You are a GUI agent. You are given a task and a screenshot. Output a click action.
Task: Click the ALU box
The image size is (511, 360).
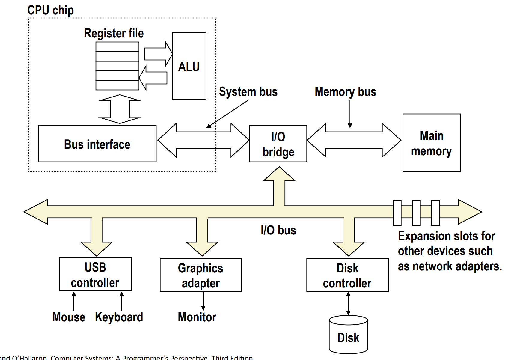click(x=189, y=66)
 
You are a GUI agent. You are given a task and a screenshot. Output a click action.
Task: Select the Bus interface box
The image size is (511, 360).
click(x=97, y=144)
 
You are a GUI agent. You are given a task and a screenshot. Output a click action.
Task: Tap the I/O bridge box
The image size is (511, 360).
click(x=278, y=144)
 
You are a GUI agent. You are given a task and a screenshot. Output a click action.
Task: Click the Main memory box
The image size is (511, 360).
click(x=431, y=143)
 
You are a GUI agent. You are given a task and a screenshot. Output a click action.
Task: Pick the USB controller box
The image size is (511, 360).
click(x=95, y=274)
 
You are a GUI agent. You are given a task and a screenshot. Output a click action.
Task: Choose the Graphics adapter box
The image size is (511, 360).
click(x=201, y=275)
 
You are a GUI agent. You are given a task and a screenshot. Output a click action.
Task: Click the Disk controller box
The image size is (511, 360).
click(x=347, y=275)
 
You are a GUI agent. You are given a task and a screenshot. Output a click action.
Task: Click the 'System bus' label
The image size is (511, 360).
click(x=248, y=92)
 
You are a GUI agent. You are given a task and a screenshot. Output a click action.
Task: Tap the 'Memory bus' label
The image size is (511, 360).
click(x=345, y=92)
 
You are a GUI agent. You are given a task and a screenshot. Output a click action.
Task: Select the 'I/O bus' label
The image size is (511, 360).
click(x=278, y=230)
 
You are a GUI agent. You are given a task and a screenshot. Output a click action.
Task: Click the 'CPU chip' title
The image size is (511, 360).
click(x=50, y=10)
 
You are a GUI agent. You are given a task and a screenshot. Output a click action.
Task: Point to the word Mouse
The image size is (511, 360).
click(x=69, y=317)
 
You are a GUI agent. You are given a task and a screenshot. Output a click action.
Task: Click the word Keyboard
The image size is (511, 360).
click(x=119, y=317)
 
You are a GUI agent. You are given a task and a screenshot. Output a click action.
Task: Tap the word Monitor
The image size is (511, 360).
click(x=197, y=317)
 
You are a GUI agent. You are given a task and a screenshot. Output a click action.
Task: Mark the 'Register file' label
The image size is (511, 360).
click(x=114, y=33)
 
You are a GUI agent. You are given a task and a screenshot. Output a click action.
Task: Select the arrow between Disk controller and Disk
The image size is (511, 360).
click(x=348, y=303)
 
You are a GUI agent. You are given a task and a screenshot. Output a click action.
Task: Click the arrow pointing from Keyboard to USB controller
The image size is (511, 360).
click(x=122, y=301)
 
